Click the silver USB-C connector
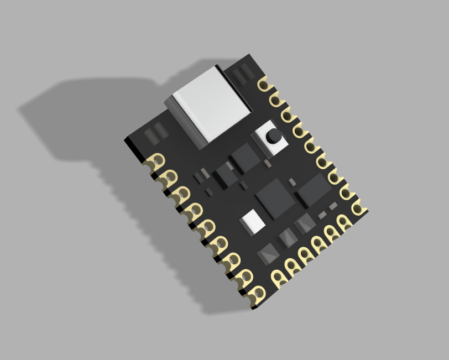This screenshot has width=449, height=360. coord(210,105)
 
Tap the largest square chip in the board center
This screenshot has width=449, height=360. coord(275,197)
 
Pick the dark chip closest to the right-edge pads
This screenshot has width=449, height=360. coord(314,190)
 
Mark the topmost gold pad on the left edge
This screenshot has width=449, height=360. coord(157,161)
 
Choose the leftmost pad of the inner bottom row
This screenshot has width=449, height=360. coord(278,276)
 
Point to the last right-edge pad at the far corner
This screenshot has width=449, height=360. coord(358,207)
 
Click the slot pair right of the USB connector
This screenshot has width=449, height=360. coord(242,75)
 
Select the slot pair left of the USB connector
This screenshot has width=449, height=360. coord(156,134)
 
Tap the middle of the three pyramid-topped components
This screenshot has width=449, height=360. coord(288,237)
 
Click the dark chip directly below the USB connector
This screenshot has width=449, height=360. coord(245,158)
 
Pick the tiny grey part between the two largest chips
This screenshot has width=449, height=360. coord(293,182)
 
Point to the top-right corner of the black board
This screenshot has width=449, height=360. coord(249,55)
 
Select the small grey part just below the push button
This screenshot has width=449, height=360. coord(268,163)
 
